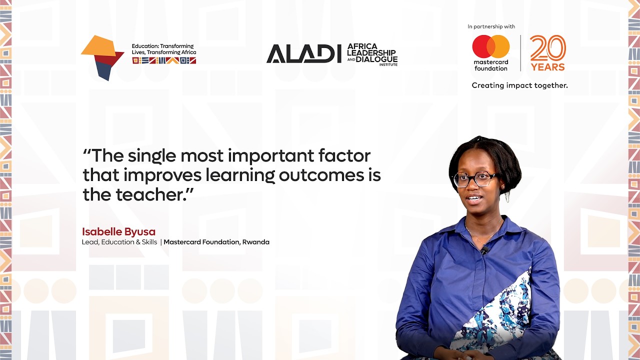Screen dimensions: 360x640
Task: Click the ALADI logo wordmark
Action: click(303, 54)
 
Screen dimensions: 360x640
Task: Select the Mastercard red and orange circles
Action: click(491, 46)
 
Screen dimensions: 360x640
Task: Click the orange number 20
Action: click(548, 48)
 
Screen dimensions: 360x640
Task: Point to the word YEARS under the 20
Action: click(548, 67)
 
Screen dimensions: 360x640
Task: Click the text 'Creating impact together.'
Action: click(519, 85)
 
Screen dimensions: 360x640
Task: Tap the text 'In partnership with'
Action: click(491, 26)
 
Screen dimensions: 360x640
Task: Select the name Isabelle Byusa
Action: click(118, 232)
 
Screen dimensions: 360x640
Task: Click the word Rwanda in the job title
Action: click(256, 242)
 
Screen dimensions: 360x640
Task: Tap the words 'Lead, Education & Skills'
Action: click(119, 242)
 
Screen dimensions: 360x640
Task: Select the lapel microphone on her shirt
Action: click(484, 250)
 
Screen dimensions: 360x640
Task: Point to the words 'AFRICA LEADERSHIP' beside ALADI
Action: click(372, 49)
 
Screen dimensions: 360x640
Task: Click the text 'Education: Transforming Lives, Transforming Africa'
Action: click(163, 49)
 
